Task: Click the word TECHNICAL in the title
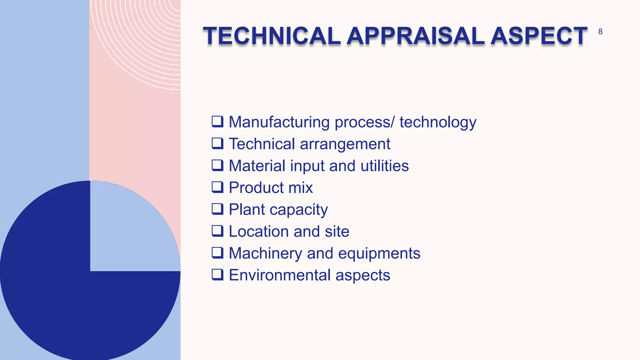pos(271,36)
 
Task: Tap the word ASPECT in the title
pos(539,36)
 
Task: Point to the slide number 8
pos(600,32)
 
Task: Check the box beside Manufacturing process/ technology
pos(217,122)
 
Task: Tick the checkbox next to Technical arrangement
pos(217,143)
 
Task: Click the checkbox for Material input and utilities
pos(217,165)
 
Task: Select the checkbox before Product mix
pos(217,187)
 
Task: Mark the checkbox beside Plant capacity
pos(217,209)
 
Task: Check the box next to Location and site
pos(217,231)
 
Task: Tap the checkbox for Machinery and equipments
pos(217,253)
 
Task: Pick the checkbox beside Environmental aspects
pos(217,275)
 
